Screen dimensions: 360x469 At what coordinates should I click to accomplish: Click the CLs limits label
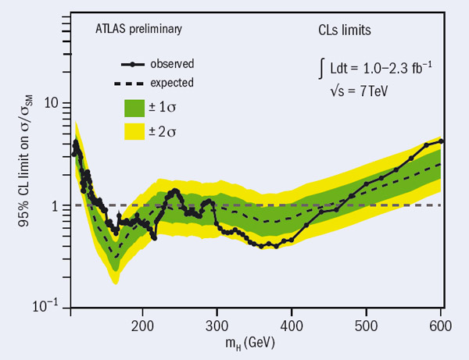336,32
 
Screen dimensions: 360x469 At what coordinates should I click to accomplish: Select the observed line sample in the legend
137,63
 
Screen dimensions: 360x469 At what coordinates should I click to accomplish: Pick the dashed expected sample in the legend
137,81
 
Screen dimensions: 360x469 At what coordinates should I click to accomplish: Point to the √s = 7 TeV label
356,91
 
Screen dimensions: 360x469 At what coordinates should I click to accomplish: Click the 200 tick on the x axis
143,323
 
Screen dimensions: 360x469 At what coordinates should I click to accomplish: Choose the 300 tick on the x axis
217,323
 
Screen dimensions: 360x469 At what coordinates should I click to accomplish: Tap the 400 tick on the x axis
292,323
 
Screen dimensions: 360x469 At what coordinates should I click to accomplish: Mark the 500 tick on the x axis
366,323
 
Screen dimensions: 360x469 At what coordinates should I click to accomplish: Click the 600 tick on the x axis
440,323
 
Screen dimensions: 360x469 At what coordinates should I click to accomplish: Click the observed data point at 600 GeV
442,141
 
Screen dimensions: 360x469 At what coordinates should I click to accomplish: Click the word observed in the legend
174,63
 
